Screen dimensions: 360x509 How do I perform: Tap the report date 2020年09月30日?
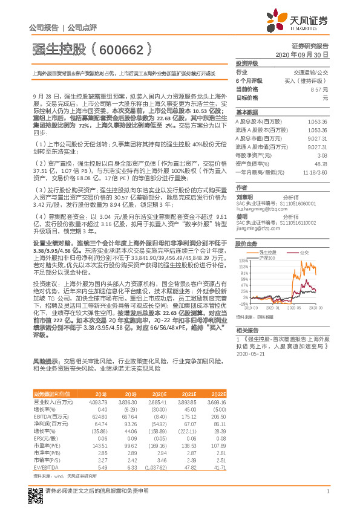(301, 54)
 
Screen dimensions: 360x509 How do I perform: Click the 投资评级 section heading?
(247, 63)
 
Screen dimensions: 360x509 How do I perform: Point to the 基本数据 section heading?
(247, 112)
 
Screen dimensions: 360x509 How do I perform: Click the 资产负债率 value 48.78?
(320, 163)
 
